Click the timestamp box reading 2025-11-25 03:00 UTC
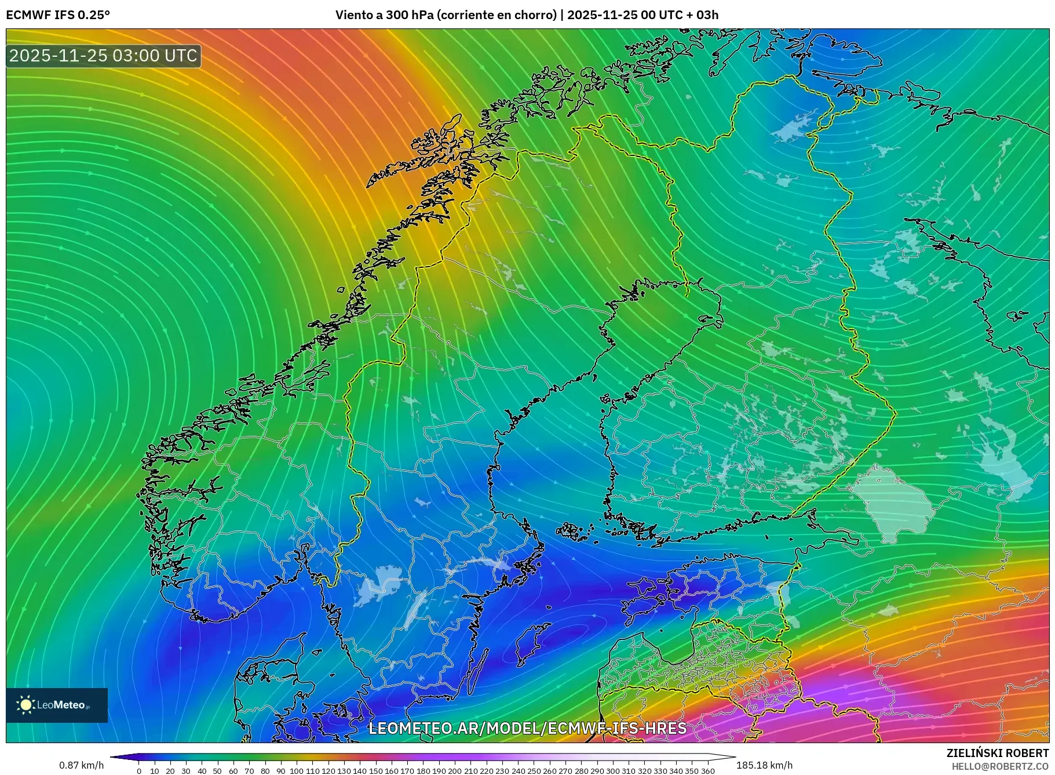[103, 56]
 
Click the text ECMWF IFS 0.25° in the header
[58, 14]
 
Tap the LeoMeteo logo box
[57, 705]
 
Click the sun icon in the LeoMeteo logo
[25, 705]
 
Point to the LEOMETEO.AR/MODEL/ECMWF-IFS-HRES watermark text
[527, 728]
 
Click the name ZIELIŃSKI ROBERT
[997, 753]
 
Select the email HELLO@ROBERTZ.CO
[1000, 766]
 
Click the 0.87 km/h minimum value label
[82, 765]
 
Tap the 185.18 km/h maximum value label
[764, 765]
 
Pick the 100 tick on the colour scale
[297, 771]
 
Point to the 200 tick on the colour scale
[455, 771]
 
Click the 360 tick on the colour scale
[707, 771]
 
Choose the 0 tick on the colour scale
[139, 771]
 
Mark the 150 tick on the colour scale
[375, 771]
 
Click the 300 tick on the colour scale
[613, 771]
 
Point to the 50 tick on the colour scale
[217, 771]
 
